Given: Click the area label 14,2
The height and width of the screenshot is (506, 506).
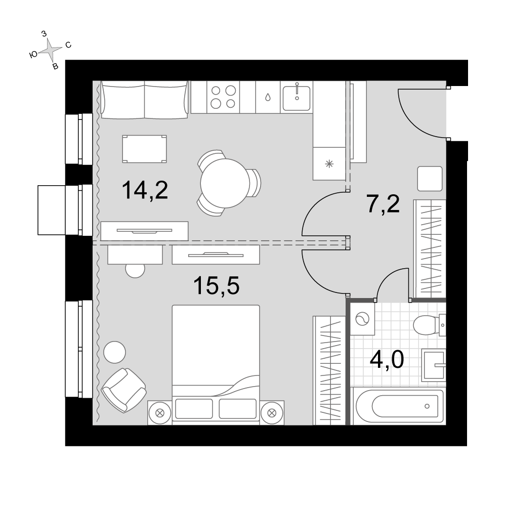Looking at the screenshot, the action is point(145,190).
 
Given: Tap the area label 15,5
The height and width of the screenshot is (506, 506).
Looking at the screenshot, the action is point(216,286).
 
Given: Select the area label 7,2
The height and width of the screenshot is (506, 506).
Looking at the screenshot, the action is point(383,204).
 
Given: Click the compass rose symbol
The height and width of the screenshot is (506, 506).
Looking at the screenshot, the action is point(50,50).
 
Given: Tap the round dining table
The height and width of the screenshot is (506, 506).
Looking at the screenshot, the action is point(225,183).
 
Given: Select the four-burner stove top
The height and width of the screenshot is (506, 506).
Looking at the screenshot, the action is point(223,97).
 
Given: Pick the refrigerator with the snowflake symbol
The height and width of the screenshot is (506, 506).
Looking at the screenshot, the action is point(329,163).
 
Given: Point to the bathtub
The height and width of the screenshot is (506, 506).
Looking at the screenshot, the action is point(399,406).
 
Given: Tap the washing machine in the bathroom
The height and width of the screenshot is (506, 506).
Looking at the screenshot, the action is point(362,319).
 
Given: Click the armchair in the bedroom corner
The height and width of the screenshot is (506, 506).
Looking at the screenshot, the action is point(124,390).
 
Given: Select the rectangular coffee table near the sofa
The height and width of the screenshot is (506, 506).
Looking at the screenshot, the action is point(145,149).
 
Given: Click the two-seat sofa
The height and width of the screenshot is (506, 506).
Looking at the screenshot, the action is point(145,99).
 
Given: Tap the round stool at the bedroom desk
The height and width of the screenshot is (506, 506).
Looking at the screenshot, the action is point(135,270).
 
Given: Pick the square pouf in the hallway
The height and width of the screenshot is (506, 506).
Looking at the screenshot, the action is point(430,179).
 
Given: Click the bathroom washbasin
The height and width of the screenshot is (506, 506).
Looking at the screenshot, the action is point(434,365).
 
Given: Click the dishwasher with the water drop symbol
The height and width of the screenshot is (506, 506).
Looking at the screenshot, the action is point(268,97).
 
